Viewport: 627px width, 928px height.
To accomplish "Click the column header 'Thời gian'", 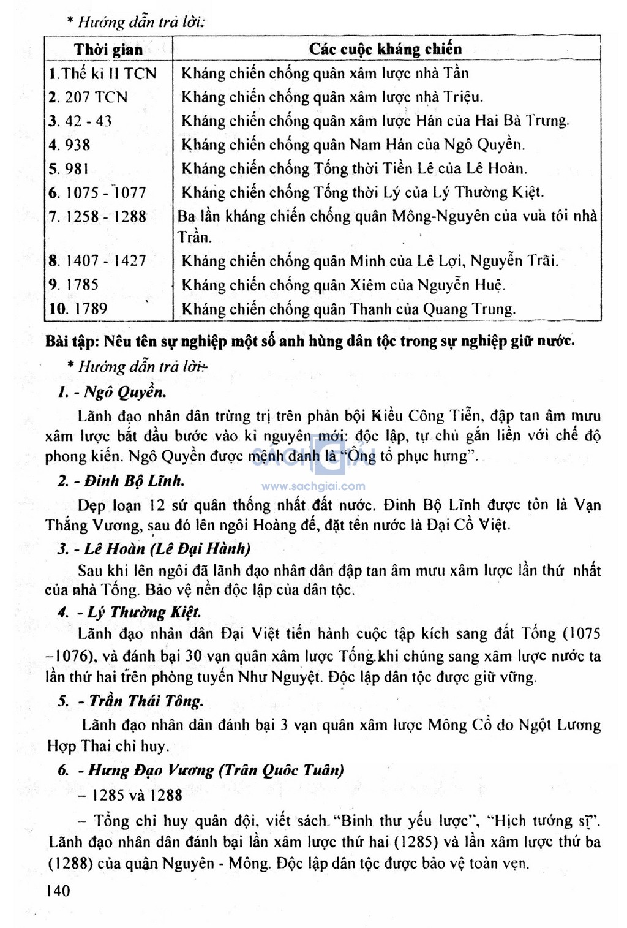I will [108, 49].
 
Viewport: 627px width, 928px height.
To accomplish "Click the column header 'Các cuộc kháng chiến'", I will [385, 49].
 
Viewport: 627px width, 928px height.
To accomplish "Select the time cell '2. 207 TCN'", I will [88, 97].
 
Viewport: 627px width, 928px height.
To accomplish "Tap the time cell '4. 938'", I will [70, 145].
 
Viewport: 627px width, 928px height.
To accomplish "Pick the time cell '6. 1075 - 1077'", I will [97, 193].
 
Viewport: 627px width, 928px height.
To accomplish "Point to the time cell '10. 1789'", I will [78, 309].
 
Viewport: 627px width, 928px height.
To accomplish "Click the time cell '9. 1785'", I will [73, 285].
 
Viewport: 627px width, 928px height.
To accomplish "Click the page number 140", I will [58, 891].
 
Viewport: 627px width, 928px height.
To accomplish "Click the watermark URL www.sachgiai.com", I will [313, 486].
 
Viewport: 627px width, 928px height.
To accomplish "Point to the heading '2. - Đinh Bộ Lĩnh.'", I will [121, 481].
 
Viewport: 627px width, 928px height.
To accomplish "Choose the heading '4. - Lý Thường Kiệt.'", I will [129, 613].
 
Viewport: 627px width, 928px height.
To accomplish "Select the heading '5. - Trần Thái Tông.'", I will [130, 701].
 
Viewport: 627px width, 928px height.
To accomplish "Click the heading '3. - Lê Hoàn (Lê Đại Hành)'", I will [154, 548].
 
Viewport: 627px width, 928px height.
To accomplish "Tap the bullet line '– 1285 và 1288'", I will [130, 795].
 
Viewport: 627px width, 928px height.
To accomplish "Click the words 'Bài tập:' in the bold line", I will [72, 341].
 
